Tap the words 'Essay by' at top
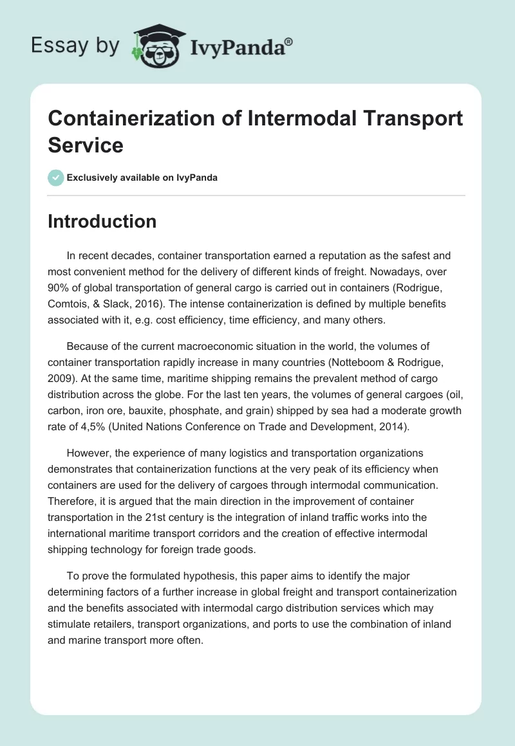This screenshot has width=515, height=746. pos(74,46)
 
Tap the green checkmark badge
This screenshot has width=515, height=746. pos(56,177)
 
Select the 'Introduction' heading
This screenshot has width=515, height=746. pos(102,221)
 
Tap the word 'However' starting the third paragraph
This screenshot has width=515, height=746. pos(90,435)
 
